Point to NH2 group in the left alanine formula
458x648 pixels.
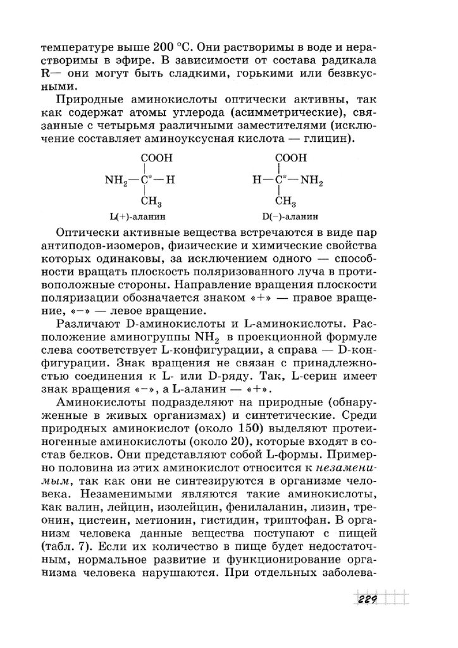(x=116, y=181)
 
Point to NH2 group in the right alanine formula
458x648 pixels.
(x=311, y=181)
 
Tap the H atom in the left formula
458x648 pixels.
(x=170, y=180)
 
